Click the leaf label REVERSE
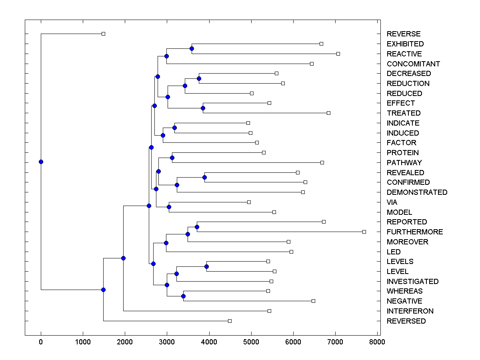point(404,34)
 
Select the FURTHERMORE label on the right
point(415,232)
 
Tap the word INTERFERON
point(410,311)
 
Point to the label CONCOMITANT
point(413,64)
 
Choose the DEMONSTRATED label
point(417,192)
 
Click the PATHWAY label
point(404,163)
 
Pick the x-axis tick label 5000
point(251,342)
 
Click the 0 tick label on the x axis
point(41,342)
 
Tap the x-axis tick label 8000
point(377,342)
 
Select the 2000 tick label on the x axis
point(125,342)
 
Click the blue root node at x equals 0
point(41,162)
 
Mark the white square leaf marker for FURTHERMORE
point(364,232)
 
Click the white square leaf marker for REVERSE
point(103,34)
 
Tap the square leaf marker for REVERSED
point(230,321)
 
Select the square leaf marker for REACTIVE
point(338,54)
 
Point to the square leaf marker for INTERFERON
point(269,311)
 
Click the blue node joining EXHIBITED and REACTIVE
point(192,48)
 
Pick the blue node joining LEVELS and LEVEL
point(206,266)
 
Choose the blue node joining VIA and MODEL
point(169,207)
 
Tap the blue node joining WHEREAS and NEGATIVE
point(183,296)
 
